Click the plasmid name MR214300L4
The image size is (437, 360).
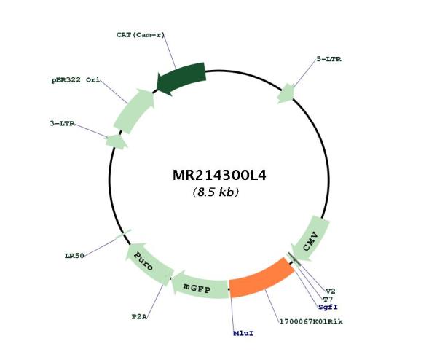[219, 176]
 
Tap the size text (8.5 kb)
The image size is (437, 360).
[216, 192]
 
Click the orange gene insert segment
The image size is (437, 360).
[261, 279]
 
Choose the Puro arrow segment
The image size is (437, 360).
[148, 264]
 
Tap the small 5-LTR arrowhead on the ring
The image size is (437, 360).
[286, 94]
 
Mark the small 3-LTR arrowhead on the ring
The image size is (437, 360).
[117, 141]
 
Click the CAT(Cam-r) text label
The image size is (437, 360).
[141, 35]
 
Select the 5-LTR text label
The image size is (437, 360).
[329, 59]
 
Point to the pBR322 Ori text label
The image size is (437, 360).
[76, 80]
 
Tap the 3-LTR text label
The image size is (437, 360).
[63, 123]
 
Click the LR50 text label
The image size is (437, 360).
[74, 256]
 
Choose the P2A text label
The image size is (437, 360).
[139, 317]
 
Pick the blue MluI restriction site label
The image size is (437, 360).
[243, 333]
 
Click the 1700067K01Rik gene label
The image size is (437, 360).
[311, 321]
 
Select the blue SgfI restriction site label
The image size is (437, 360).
[328, 307]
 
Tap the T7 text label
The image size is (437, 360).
[328, 300]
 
